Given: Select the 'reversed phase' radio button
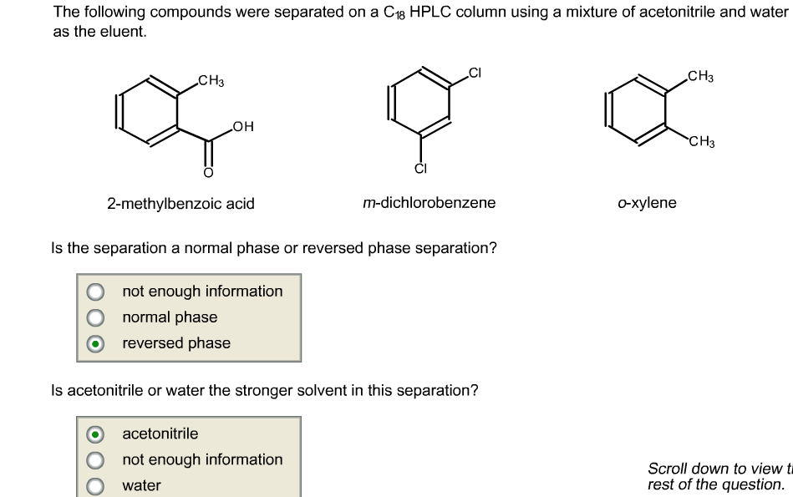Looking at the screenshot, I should (97, 343).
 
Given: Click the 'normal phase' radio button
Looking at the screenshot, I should (97, 317).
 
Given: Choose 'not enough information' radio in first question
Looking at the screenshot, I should (97, 292).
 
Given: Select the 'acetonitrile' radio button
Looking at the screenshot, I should (97, 434).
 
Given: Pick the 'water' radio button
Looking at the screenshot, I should (97, 485).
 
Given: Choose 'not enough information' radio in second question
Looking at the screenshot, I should (97, 459).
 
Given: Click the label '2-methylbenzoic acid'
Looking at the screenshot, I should (180, 204).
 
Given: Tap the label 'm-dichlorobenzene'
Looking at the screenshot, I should (429, 203).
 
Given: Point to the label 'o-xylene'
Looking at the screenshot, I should (647, 203).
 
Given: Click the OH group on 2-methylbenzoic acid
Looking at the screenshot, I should (244, 127).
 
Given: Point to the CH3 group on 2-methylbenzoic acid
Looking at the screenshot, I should (211, 81).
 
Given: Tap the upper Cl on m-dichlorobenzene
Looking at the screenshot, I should (475, 73).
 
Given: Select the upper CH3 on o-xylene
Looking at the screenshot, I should (700, 78).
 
